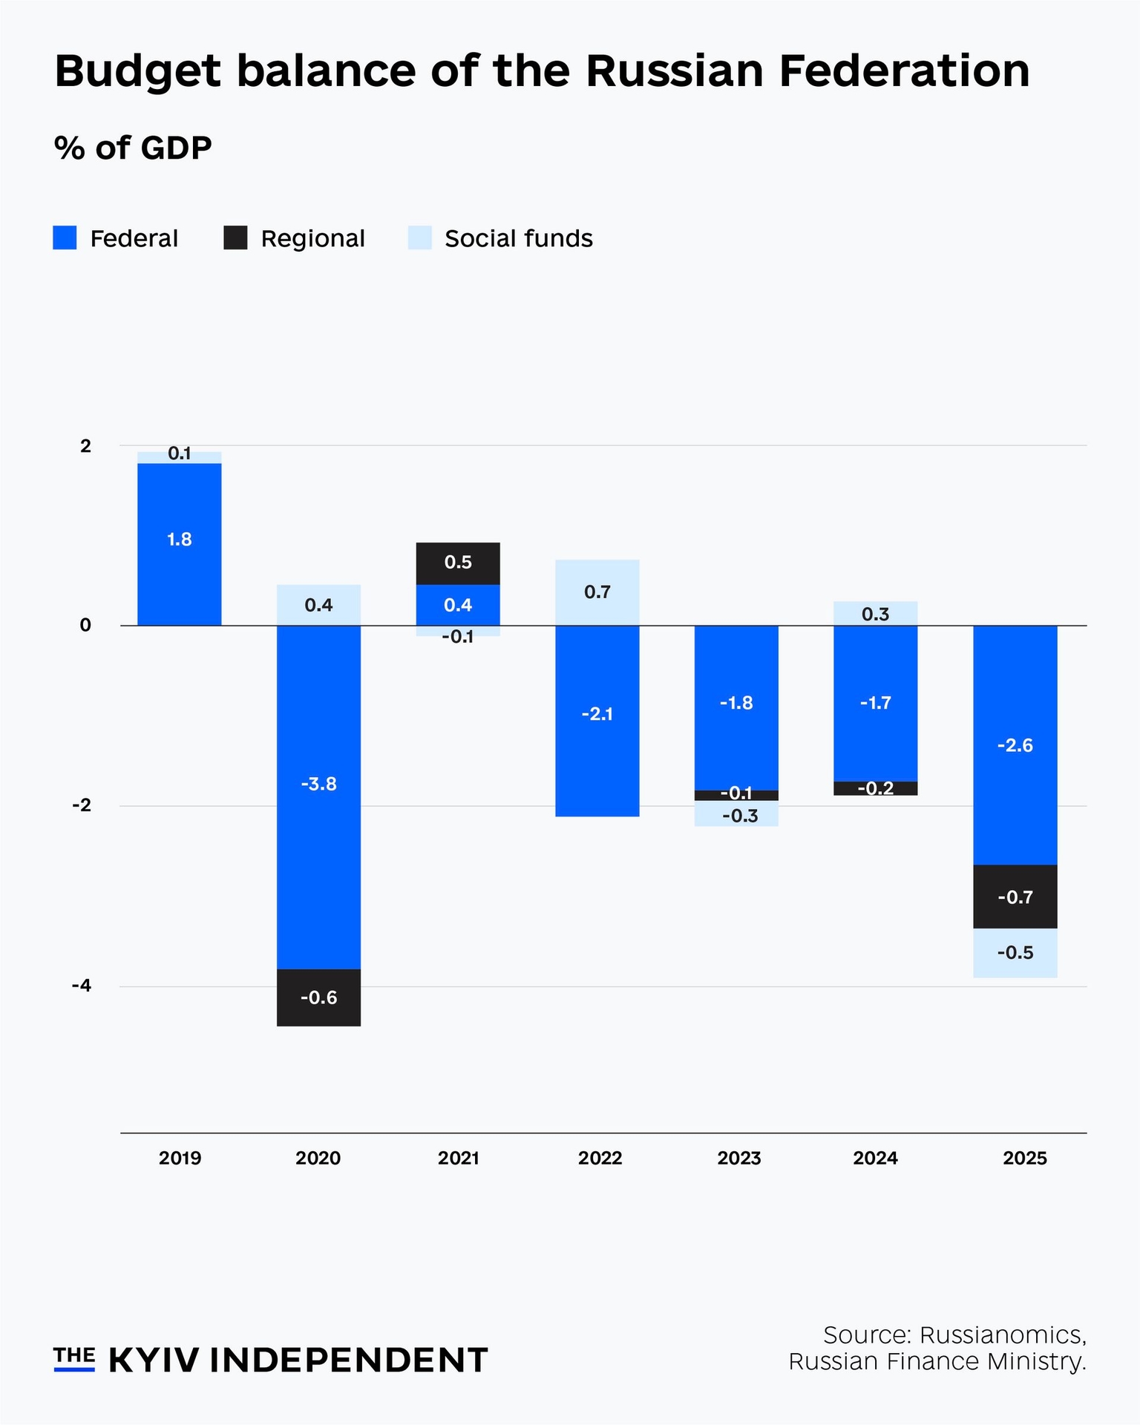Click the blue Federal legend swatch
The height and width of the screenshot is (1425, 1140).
[x=65, y=237]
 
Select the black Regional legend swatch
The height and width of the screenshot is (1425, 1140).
[x=235, y=237]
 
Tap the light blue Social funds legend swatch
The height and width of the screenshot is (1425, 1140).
[x=419, y=237]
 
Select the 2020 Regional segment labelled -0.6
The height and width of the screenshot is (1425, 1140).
[x=318, y=997]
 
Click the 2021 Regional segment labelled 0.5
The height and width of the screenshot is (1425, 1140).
[x=458, y=563]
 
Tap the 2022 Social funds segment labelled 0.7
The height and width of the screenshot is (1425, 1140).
[x=597, y=592]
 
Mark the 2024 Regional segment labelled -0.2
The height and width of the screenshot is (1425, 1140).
[x=876, y=788]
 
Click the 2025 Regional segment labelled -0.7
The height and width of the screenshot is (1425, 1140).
[x=1015, y=897]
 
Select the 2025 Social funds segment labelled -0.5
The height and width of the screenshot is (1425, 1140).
[x=1015, y=953]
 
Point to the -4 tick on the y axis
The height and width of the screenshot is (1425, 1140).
[x=82, y=986]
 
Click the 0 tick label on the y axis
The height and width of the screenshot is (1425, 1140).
[x=85, y=625]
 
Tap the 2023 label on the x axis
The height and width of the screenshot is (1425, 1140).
[x=739, y=1158]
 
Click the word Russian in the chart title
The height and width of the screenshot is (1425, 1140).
[x=674, y=71]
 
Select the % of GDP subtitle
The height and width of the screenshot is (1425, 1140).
[x=133, y=148]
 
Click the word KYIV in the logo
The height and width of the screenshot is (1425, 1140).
[x=154, y=1360]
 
